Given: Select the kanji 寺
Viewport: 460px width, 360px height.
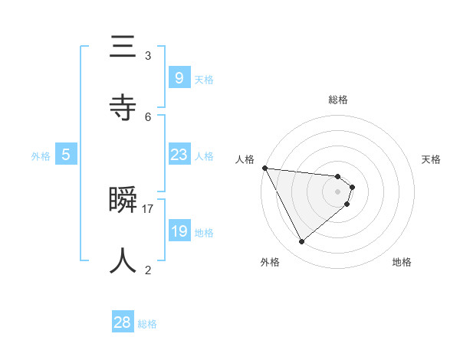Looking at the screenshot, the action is coord(123,109).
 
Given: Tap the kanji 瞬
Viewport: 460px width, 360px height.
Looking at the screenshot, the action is coord(123,201).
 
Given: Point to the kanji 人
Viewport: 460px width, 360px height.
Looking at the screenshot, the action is coord(123,261).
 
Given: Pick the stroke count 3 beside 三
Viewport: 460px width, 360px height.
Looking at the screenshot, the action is coord(148,55).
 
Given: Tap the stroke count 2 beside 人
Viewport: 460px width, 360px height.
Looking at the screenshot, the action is coord(148,270).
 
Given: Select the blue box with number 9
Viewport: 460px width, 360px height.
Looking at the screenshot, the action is coord(179,77).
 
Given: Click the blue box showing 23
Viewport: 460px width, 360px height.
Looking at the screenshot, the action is coord(179,155).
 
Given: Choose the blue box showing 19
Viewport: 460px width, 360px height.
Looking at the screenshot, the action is coord(179,231).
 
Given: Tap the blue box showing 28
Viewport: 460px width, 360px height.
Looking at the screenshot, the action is coord(123,322).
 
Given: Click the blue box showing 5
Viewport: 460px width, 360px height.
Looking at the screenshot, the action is coord(66,155).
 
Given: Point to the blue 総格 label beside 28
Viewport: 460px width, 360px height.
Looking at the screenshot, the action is coord(148,324).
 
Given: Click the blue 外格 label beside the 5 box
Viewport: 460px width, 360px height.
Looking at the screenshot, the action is coord(41,156).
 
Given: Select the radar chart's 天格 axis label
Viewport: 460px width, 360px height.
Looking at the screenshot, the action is coord(431,159).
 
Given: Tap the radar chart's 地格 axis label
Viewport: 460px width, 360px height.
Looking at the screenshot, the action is coord(402,262).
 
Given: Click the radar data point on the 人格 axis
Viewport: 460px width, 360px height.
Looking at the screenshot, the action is coord(264,168).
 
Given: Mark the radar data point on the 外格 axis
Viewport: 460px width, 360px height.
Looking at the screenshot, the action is coord(301,241).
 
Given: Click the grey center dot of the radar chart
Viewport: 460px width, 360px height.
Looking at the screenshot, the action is coord(338,191).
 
